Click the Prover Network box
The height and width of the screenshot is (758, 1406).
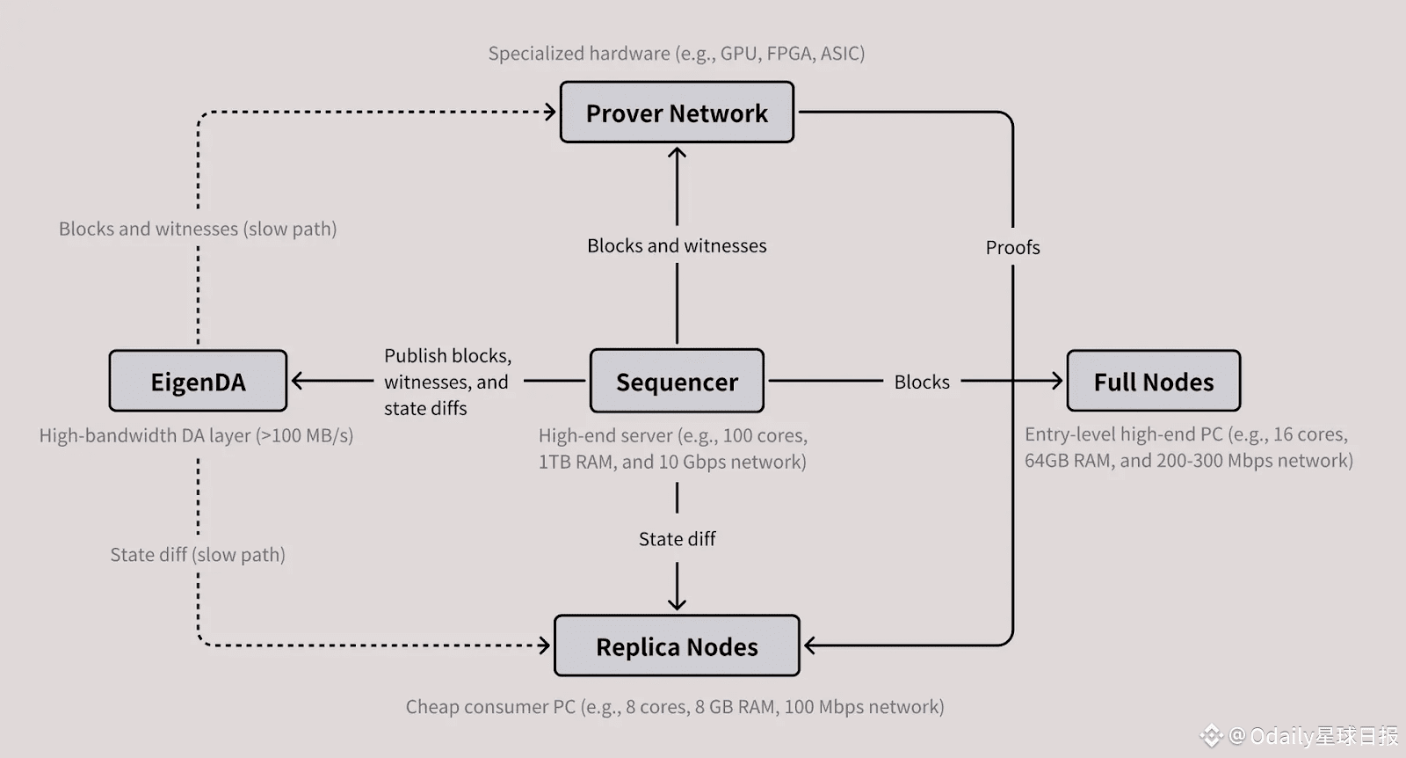677,113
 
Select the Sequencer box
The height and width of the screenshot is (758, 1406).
677,382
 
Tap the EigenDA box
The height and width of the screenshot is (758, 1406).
198,382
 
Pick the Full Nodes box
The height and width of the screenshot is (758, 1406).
1153,382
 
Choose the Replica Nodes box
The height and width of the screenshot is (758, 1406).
677,646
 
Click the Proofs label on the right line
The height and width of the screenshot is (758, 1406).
1012,248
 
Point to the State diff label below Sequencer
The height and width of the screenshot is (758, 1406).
677,539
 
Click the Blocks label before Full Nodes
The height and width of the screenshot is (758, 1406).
922,382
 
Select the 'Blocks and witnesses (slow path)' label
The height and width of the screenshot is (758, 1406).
198,229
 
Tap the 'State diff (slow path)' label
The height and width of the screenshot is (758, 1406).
198,555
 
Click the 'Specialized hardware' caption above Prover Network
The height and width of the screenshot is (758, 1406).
677,54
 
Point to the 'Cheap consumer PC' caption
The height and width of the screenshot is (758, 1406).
675,707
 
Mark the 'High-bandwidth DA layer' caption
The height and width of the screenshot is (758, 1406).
196,435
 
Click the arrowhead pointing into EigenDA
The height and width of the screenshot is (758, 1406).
296,381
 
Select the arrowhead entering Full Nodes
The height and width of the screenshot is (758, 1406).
1057,381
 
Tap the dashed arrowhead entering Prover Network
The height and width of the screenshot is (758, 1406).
551,112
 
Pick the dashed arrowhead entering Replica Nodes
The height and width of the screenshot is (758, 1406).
545,645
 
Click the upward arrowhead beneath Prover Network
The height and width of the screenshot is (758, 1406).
677,152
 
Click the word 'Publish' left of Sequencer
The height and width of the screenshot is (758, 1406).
416,355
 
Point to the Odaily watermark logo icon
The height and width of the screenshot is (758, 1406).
1213,735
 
